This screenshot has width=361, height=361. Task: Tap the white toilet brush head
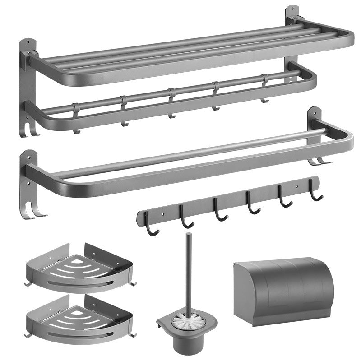pos(188,322)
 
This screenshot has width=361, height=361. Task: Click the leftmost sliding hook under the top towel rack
pos(76,120)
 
